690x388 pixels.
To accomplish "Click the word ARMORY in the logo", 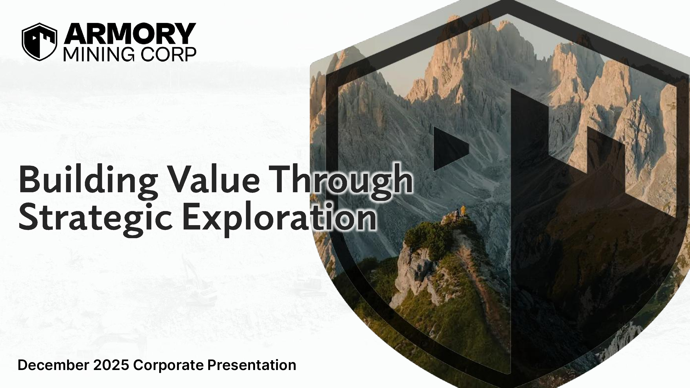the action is click(130, 34).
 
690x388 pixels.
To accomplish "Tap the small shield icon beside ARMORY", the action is click(39, 42).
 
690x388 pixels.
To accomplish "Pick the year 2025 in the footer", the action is click(111, 365).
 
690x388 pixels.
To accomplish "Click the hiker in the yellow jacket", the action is click(463, 211).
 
